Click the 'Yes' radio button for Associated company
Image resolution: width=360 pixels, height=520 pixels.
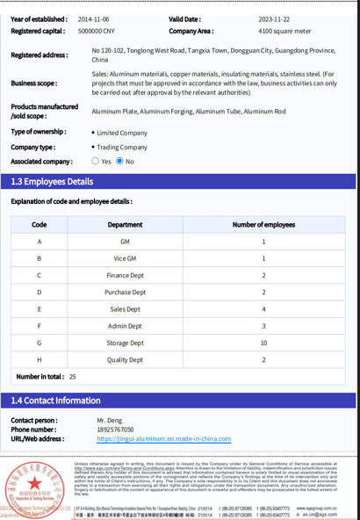[96, 162]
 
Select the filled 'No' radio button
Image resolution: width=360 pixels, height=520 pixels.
[119, 162]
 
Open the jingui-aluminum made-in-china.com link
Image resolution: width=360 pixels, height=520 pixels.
[163, 438]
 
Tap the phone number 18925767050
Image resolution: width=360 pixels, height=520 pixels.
[115, 430]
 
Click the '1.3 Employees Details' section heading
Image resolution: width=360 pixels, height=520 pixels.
[53, 182]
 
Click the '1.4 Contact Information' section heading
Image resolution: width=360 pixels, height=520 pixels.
[56, 401]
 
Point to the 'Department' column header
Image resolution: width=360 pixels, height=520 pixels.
[125, 225]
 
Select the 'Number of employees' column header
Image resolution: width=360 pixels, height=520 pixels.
[263, 225]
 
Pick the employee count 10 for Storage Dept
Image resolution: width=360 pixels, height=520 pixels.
[263, 343]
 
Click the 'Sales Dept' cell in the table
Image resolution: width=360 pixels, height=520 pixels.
[125, 309]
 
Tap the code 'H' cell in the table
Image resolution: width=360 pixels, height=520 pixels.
[39, 360]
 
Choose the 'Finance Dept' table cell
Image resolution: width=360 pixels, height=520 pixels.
[125, 276]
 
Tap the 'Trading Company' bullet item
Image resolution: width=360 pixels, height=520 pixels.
[122, 148]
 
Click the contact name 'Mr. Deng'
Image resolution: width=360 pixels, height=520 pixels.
[110, 421]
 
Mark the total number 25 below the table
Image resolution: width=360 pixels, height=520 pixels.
[72, 377]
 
